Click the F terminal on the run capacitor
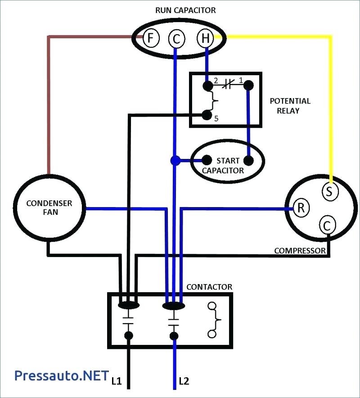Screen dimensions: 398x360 pos(151,39)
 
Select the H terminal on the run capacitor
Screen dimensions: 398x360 pos(205,39)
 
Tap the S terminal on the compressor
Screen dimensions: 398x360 pos(329,191)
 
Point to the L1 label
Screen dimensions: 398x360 pos(117,381)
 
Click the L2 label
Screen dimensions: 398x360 pos(184,381)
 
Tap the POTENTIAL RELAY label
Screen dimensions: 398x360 pos(290,106)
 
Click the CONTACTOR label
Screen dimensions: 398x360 pos(209,287)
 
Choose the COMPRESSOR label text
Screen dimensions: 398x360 pos(300,250)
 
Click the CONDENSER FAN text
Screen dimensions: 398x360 pos(49,208)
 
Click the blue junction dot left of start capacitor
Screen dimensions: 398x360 pos(175,160)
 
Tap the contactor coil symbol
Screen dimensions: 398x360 pos(214,320)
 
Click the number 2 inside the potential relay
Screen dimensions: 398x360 pos(216,81)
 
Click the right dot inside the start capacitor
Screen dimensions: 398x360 pos(248,160)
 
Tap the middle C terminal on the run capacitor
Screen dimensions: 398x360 pos(176,40)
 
